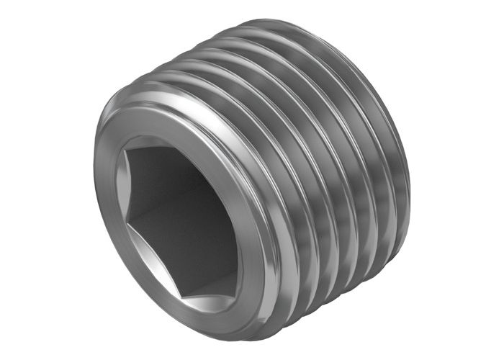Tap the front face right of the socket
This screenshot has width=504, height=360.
(x=248, y=216)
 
